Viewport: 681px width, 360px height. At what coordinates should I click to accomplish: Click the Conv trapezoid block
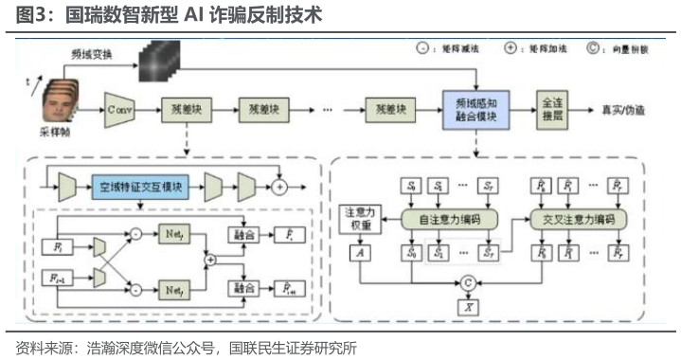point(120,110)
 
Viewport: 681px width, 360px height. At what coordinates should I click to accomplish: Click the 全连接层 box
point(552,108)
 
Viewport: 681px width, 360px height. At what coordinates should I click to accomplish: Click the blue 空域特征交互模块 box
point(140,186)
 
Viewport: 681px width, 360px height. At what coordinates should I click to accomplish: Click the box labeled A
point(359,254)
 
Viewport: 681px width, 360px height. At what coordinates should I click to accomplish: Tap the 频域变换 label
point(93,56)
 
